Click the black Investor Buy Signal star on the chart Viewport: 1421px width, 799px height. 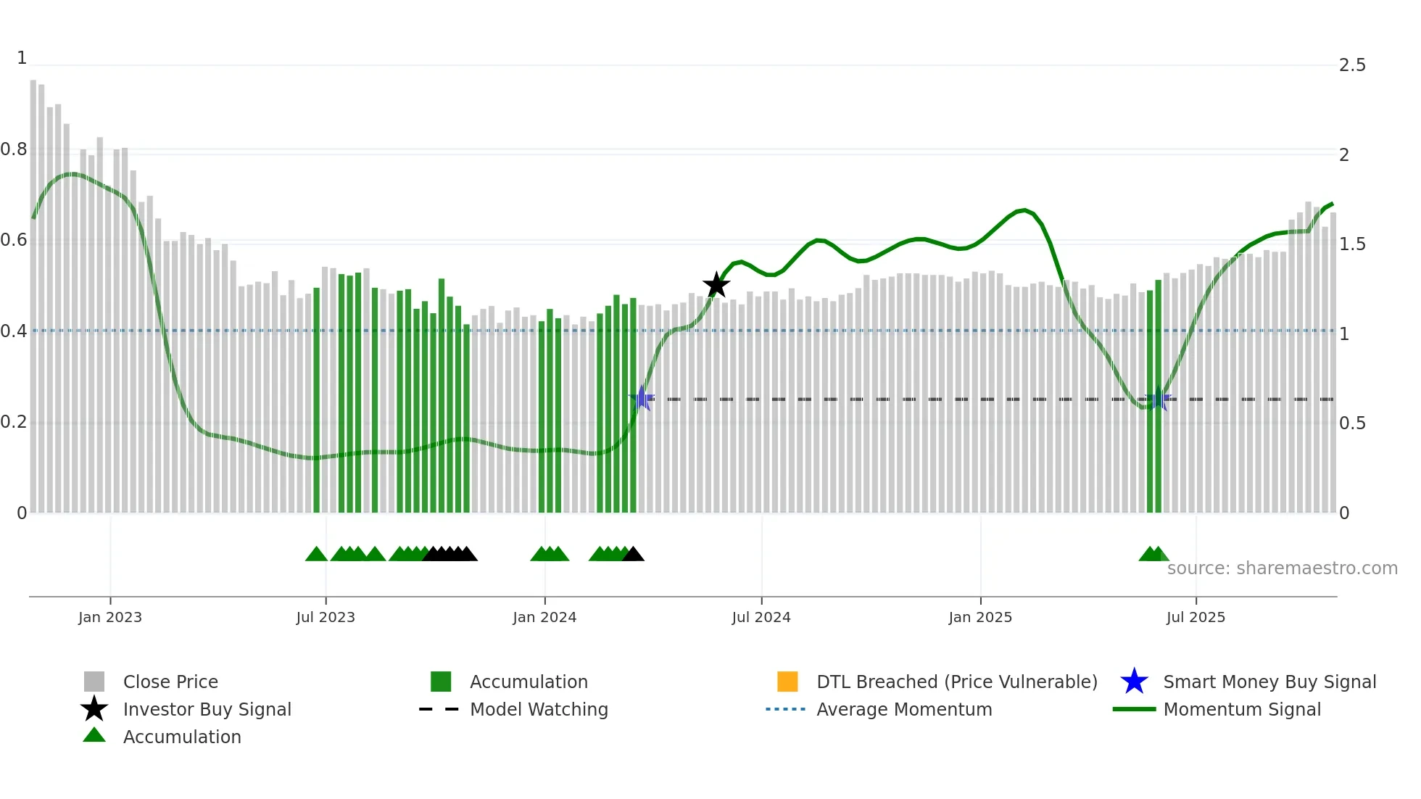716,285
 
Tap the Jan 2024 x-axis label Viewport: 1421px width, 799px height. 544,617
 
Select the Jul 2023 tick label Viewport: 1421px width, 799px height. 326,617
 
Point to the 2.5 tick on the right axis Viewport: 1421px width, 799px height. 1352,65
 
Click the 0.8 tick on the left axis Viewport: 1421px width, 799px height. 14,149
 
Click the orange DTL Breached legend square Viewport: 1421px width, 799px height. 787,682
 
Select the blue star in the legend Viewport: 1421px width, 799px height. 1134,682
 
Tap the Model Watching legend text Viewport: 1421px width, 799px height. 539,709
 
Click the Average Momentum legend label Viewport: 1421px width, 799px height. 904,709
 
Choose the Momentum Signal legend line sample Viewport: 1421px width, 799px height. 1134,709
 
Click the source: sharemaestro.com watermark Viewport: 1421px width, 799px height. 1282,568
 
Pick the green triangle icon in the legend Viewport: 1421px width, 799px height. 94,736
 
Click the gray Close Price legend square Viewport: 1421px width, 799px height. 94,682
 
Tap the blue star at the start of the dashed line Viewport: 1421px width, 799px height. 642,399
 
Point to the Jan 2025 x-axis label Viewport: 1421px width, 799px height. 980,617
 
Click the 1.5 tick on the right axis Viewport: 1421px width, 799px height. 1352,244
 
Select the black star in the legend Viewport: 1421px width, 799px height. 94,709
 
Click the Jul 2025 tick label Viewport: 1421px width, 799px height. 1196,617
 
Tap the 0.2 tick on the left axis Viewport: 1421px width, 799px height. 14,422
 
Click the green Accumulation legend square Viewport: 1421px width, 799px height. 441,682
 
